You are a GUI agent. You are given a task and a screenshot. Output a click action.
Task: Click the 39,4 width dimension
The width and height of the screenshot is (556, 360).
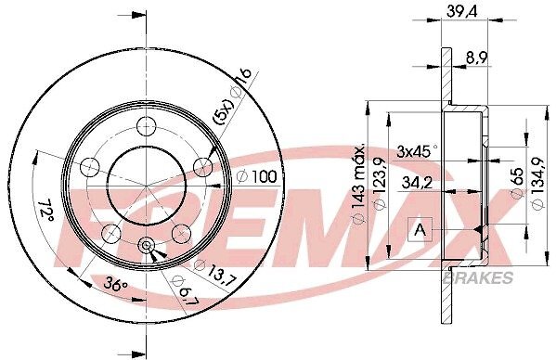tap(462, 11)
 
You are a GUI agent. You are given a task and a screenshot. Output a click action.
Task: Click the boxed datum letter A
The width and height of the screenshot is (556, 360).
tap(420, 230)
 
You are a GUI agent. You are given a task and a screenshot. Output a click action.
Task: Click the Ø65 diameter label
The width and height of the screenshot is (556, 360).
tap(517, 184)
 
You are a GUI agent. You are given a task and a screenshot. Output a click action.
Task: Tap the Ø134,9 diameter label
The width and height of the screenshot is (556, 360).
tap(538, 184)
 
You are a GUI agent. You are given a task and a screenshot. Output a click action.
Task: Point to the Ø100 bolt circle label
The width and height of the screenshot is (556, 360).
tap(256, 176)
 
